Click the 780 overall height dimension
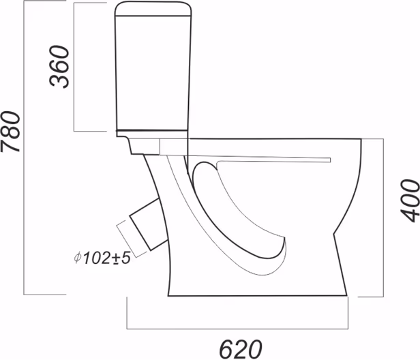coord(10,132)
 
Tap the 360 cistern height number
coord(59,67)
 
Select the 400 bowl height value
coord(410,200)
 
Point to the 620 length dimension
coord(240,349)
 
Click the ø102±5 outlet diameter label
coord(102,258)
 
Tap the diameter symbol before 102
coord(78,258)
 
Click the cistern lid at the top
coord(153,9)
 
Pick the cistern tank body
coord(153,73)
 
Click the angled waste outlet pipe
coord(149,224)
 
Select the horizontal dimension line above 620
coord(237,329)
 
